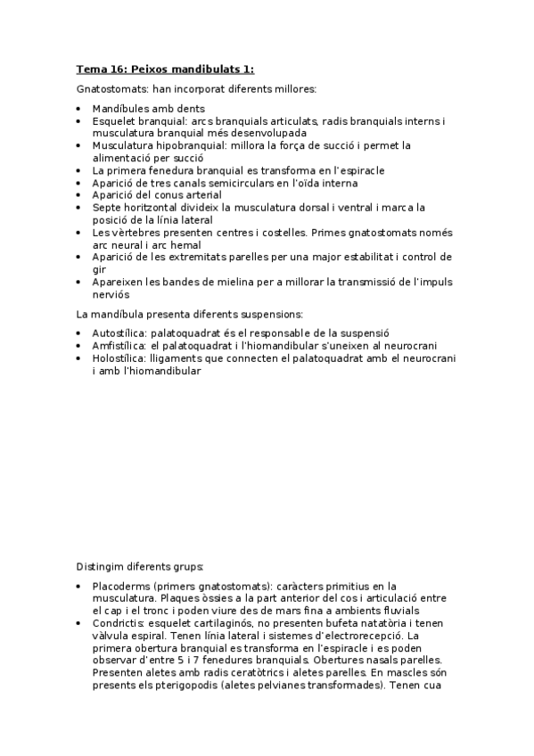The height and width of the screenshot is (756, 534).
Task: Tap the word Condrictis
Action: [119, 623]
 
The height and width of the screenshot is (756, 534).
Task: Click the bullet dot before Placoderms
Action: [79, 587]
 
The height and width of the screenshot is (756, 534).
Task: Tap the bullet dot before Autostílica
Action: [79, 333]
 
